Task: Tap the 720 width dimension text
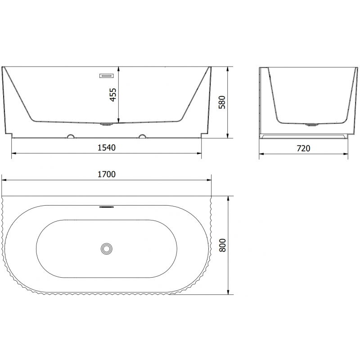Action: click(x=304, y=148)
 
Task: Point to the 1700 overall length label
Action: click(x=107, y=174)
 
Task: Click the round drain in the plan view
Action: click(x=107, y=247)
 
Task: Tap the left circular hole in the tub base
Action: click(x=70, y=135)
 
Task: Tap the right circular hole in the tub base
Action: click(x=143, y=135)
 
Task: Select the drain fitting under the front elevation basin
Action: click(x=107, y=125)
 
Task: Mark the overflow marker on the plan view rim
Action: click(x=107, y=207)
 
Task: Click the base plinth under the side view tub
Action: click(x=304, y=136)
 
